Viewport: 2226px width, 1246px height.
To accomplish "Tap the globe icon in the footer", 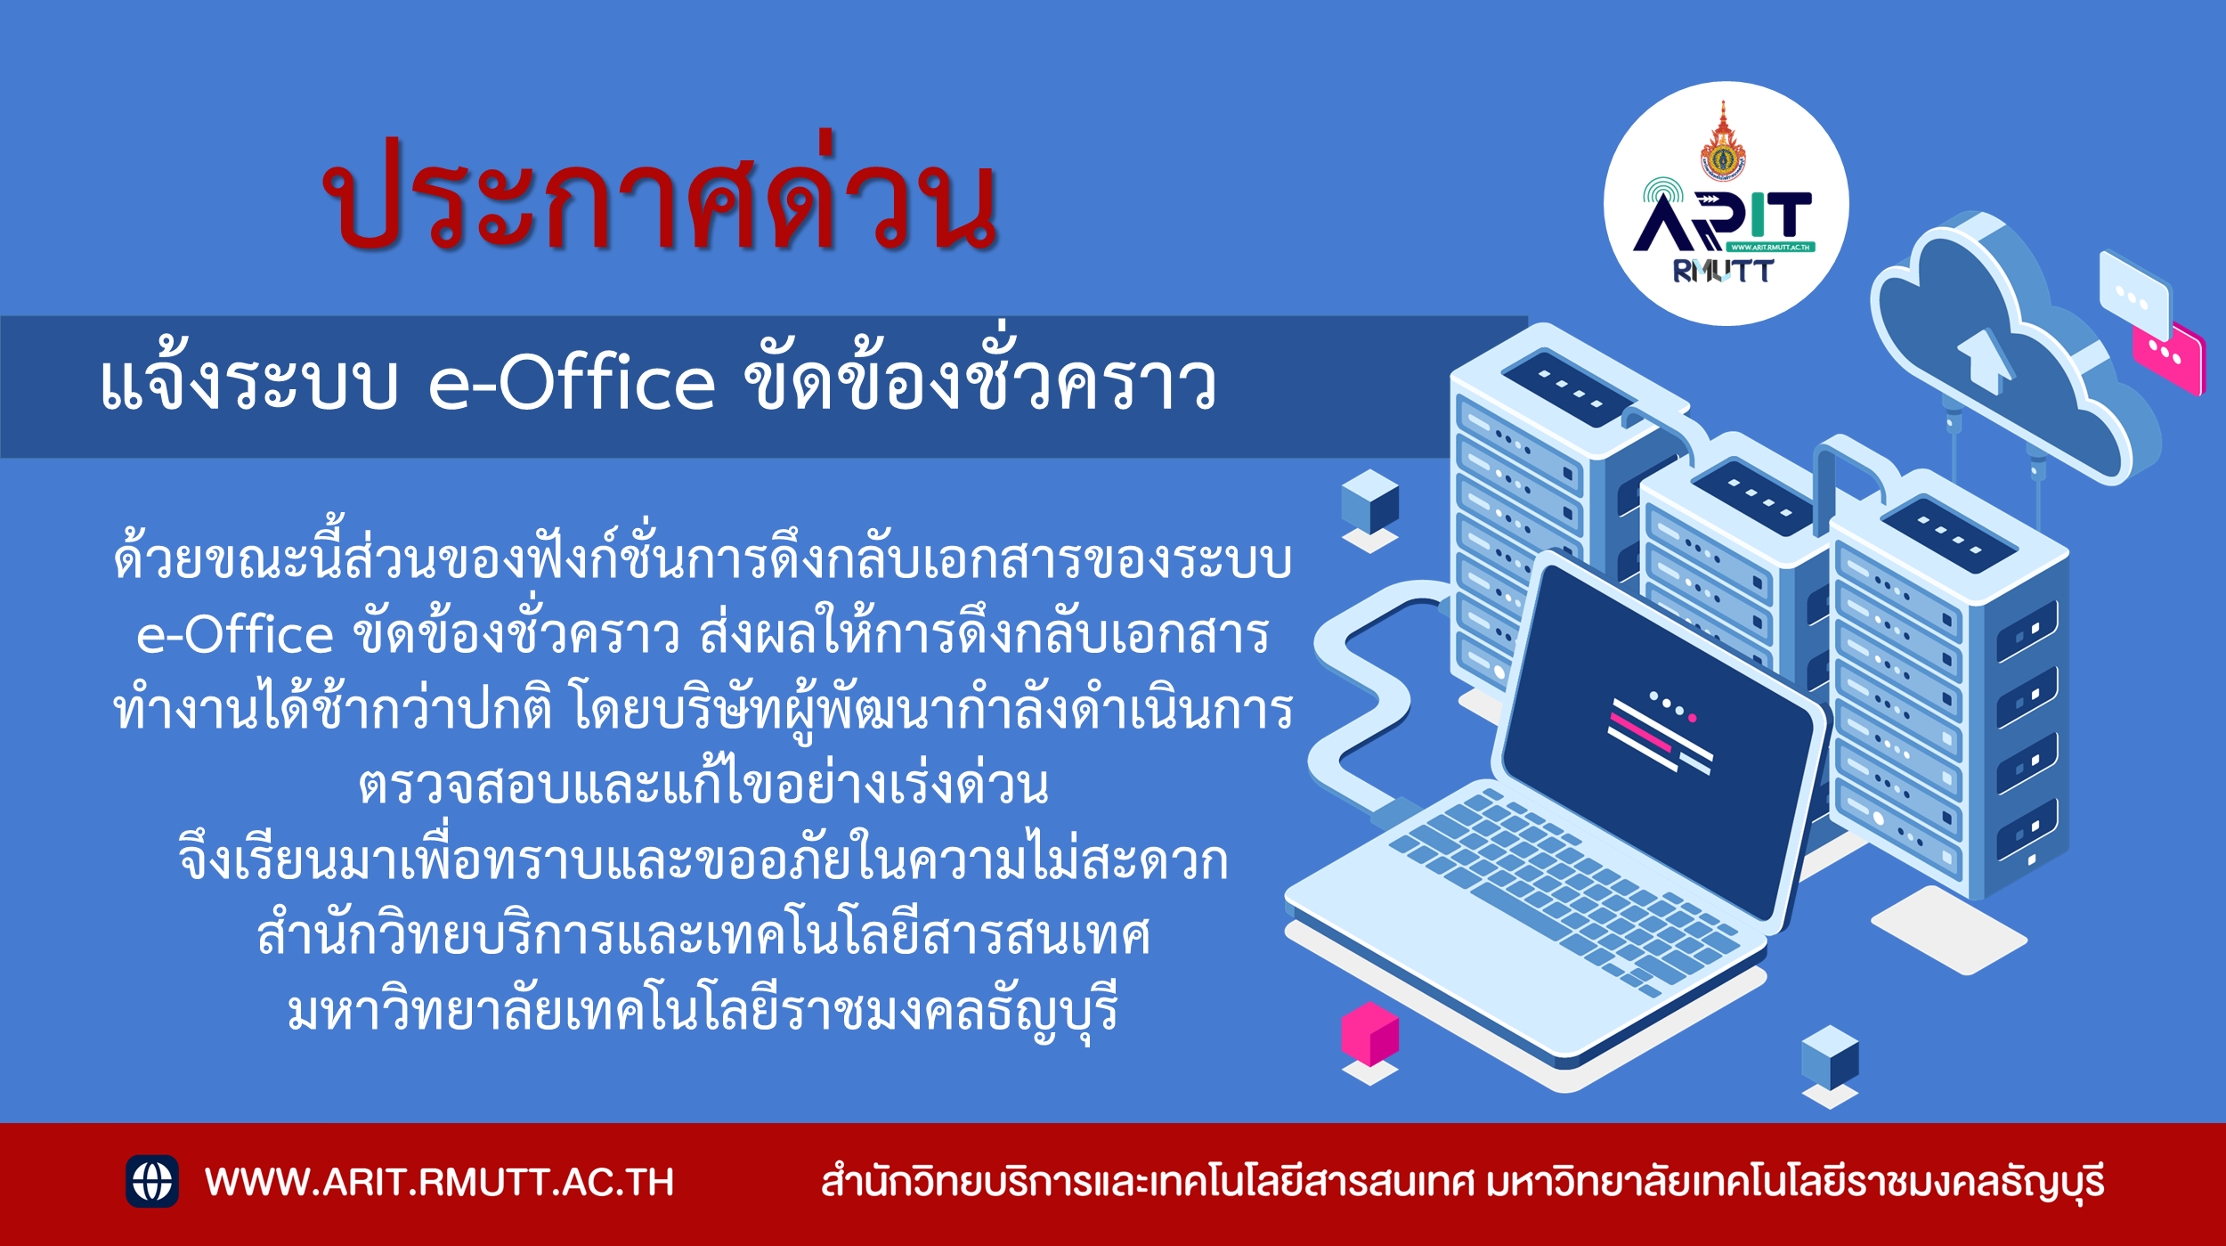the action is click(152, 1181).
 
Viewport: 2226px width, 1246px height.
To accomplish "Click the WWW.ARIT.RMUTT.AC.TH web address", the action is click(439, 1182).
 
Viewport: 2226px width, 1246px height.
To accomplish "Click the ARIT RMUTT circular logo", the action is click(1726, 204).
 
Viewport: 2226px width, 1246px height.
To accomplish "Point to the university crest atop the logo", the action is click(1724, 143).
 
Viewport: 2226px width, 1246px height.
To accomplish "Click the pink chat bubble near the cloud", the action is click(2169, 358).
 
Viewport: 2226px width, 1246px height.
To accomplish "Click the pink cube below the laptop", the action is click(1370, 1034).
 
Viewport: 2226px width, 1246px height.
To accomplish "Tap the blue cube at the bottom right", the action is click(1830, 1057).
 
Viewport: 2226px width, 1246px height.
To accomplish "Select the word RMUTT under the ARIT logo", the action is click(1724, 271).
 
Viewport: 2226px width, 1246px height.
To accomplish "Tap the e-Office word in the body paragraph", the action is click(235, 634).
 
